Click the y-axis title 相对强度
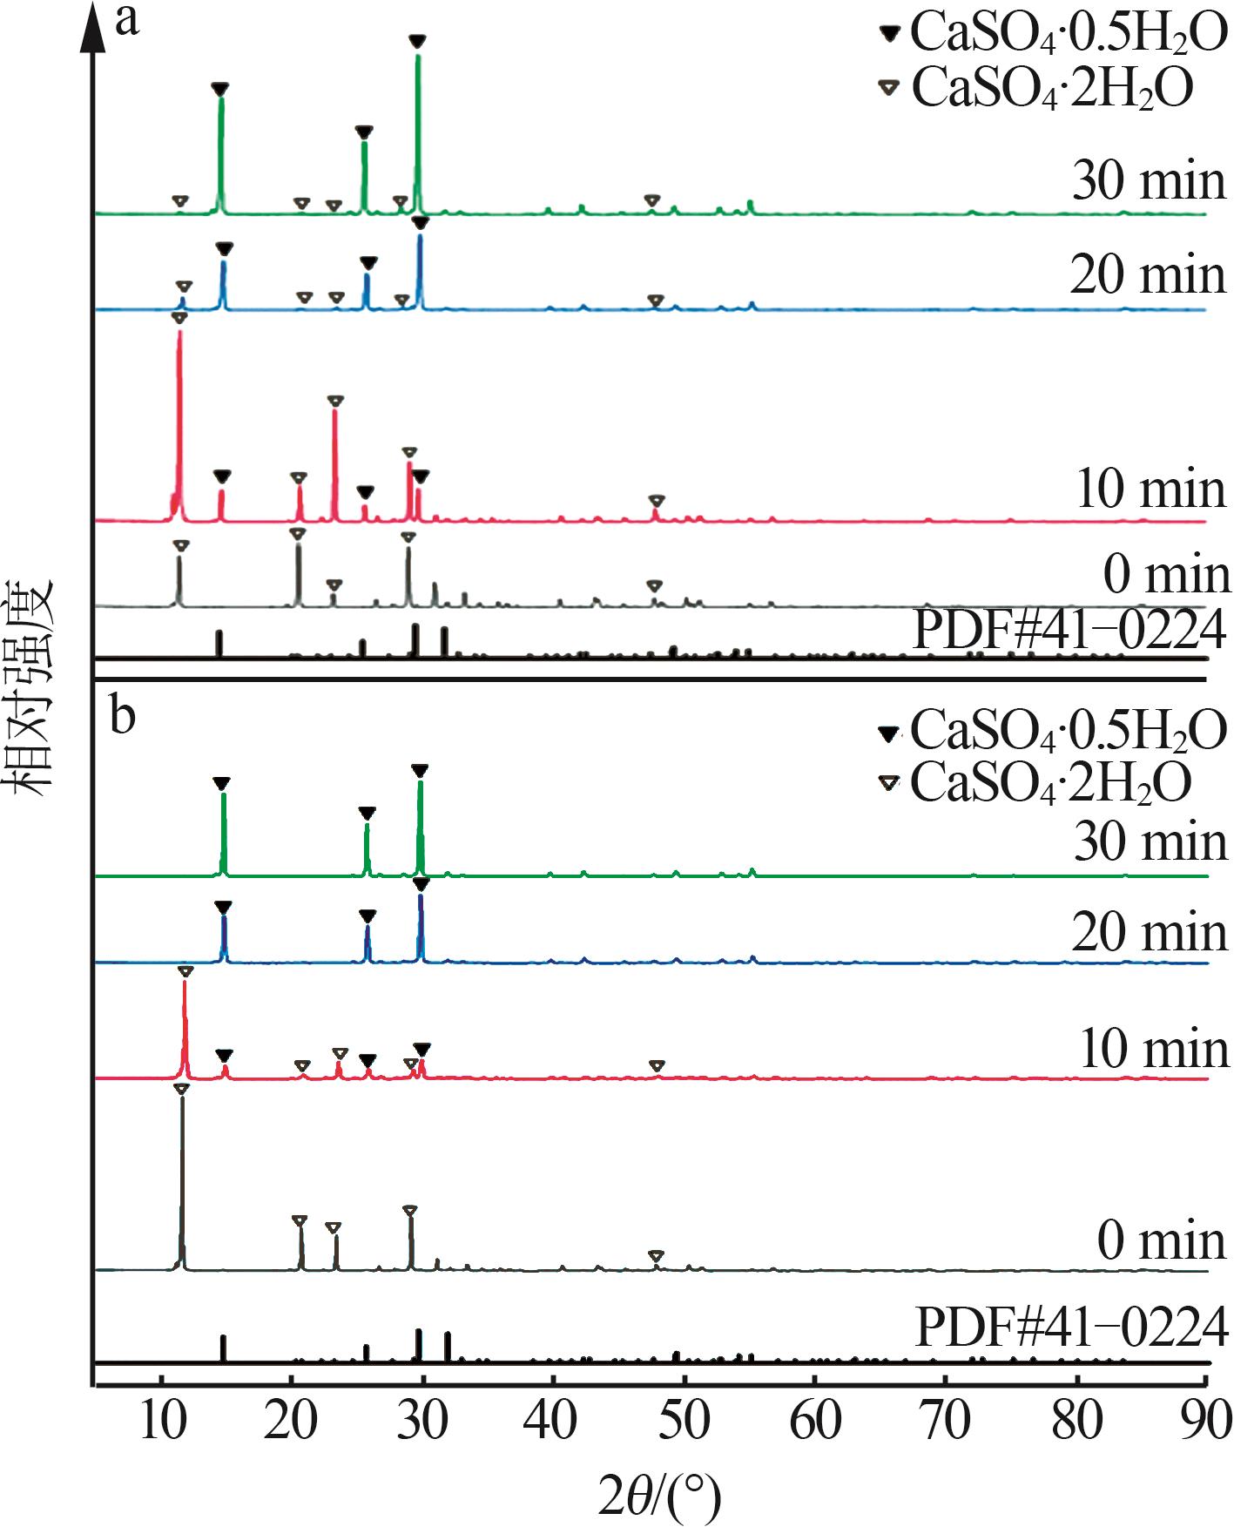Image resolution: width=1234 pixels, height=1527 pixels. [x=30, y=687]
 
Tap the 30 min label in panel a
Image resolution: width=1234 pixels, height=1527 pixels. [x=1149, y=181]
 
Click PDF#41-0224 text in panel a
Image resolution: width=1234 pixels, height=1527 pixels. [x=1069, y=629]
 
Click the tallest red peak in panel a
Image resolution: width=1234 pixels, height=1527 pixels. [x=179, y=335]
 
